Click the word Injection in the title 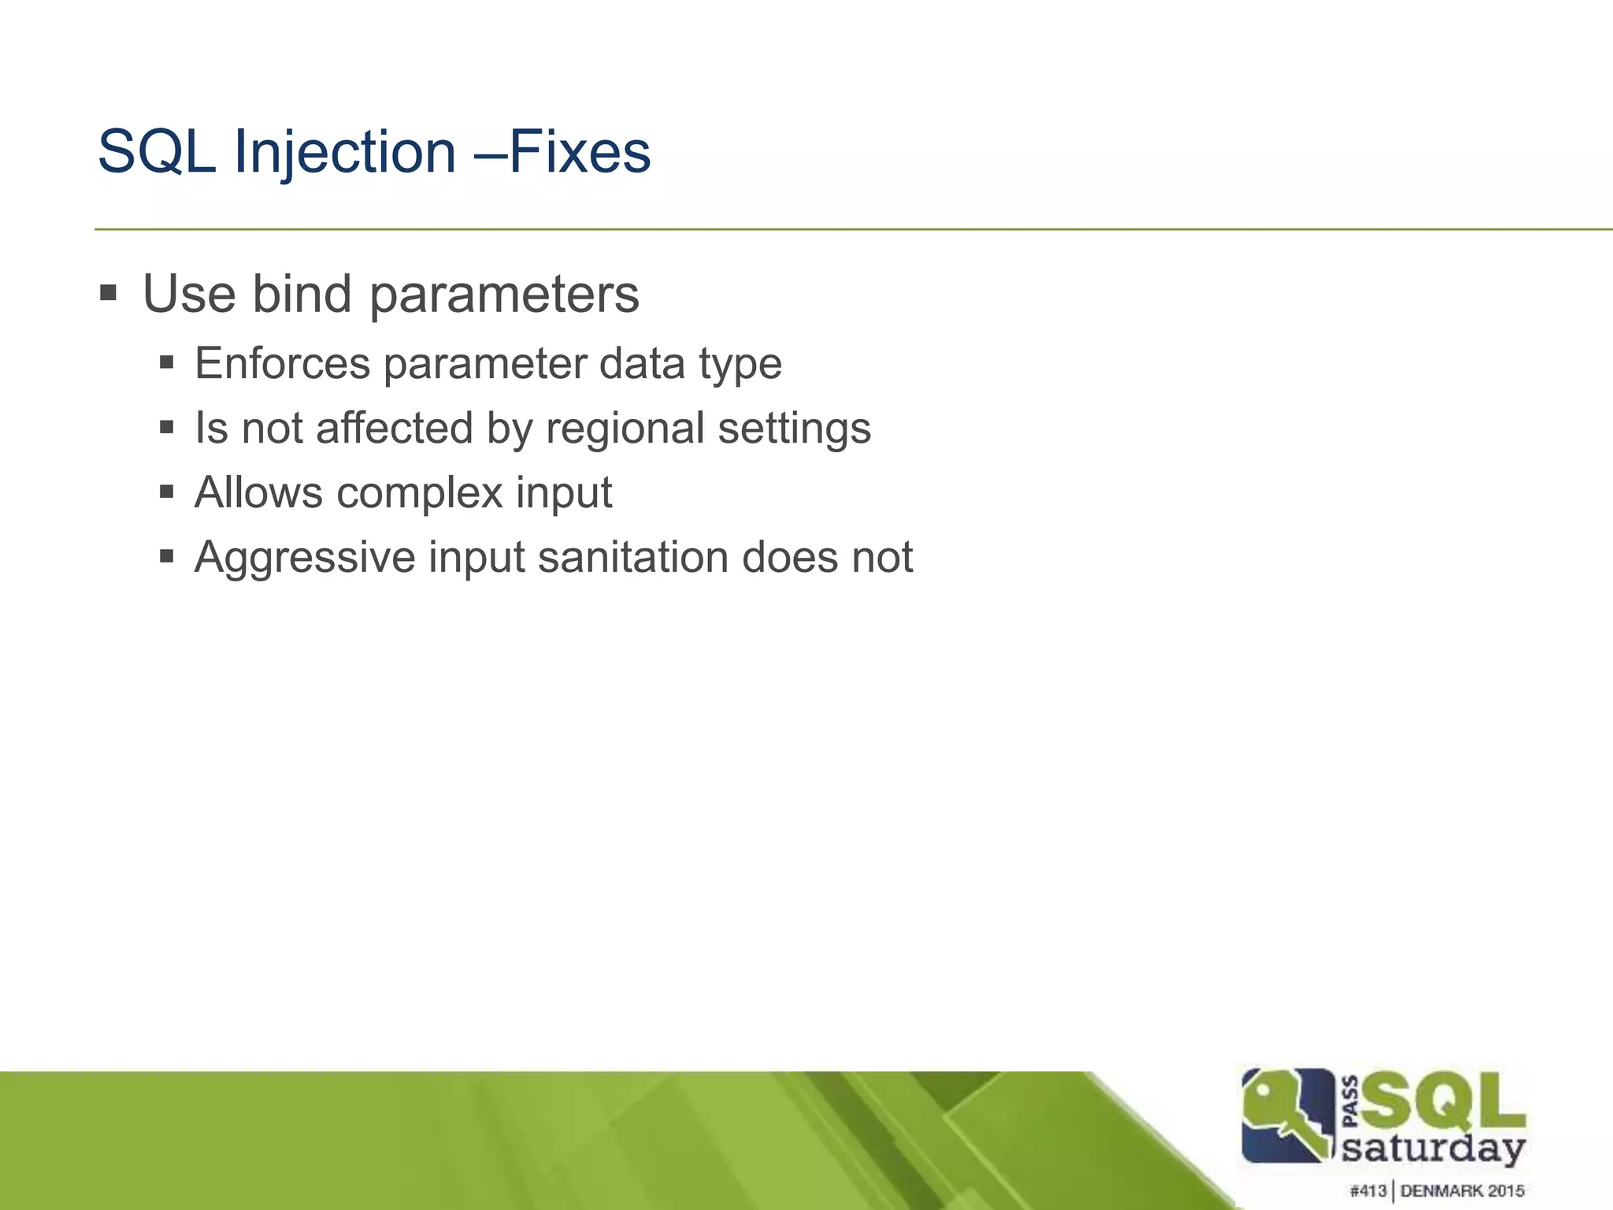345,152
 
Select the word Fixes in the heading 580,152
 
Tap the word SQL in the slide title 157,152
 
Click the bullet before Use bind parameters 109,295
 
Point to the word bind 302,295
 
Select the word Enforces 282,364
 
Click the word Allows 258,493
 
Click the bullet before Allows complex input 166,493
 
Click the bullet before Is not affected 166,429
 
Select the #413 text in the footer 1368,1190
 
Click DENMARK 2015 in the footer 1463,1190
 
